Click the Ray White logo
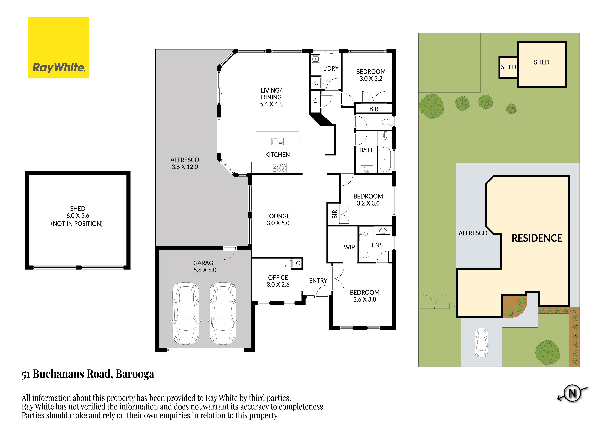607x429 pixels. point(58,48)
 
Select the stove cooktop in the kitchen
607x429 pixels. point(279,168)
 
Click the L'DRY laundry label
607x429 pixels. point(331,69)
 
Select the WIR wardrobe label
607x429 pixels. point(349,247)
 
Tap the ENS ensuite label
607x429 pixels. point(377,245)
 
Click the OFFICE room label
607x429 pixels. point(278,277)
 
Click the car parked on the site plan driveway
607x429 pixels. point(481,343)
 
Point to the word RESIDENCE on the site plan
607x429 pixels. point(537,238)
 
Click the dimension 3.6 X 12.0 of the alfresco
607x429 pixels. point(185,167)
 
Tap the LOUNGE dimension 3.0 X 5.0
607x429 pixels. point(278,223)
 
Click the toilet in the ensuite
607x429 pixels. point(365,255)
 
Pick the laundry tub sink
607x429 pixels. point(316,59)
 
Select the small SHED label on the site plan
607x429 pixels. point(508,67)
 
